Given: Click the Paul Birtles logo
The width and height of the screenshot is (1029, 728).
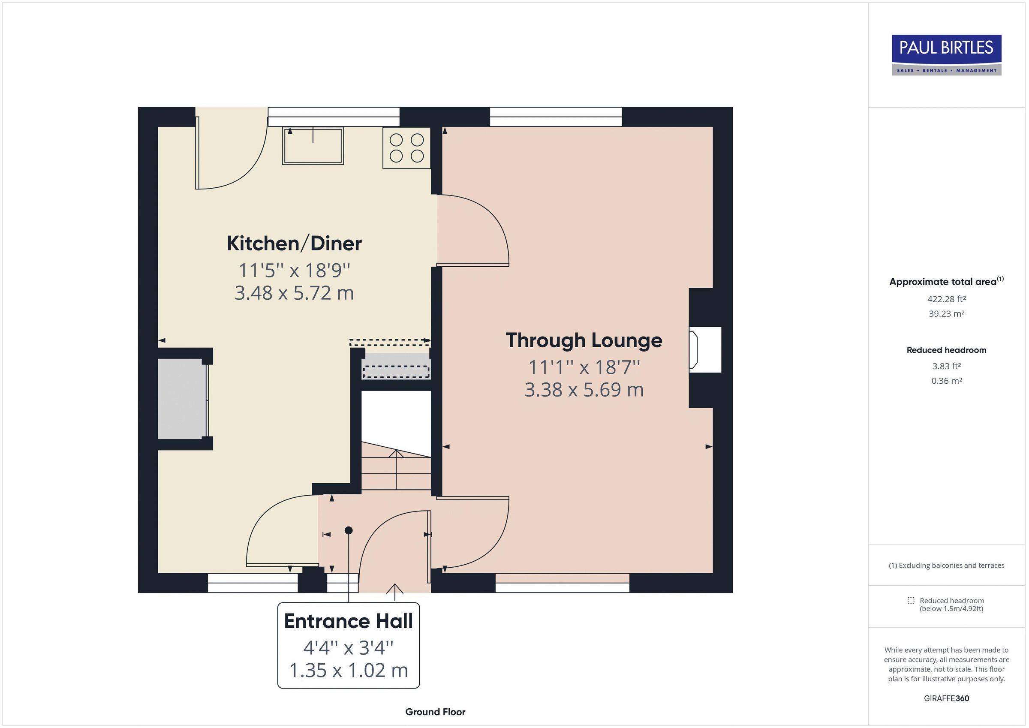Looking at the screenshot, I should pos(946,55).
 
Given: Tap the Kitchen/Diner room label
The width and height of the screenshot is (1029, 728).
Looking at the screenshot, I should pos(294,244).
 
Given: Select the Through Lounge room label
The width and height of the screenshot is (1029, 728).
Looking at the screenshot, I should pos(584,340).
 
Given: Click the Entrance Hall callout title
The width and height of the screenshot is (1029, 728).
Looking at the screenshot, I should pos(348,621).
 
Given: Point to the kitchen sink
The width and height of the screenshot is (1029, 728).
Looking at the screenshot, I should pos(313,146).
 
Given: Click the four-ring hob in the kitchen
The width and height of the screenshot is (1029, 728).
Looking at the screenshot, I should pos(406,148).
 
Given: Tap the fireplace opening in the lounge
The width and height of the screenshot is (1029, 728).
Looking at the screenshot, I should pos(704,350).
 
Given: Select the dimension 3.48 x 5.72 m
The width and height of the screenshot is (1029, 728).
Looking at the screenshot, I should pos(294,293).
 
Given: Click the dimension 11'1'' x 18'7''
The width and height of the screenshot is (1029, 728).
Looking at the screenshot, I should pos(584,367).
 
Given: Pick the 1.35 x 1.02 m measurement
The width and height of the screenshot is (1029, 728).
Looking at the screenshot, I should pos(348,671).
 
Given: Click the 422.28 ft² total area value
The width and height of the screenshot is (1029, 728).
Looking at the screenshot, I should pos(946,299).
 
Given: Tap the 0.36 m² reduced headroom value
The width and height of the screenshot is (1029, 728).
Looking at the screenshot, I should pos(946,381).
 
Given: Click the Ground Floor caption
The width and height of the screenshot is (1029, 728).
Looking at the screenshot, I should pos(435,712).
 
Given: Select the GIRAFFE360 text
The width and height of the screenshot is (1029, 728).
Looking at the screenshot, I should pos(946,698).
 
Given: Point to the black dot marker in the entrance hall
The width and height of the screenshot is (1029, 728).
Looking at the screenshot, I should pos(349,530).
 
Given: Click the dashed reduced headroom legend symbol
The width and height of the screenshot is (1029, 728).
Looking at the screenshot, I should pos(911,600).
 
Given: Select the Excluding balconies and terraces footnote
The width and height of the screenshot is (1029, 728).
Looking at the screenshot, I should pos(946,565).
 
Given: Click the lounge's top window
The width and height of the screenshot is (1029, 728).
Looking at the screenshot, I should pos(556,117).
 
